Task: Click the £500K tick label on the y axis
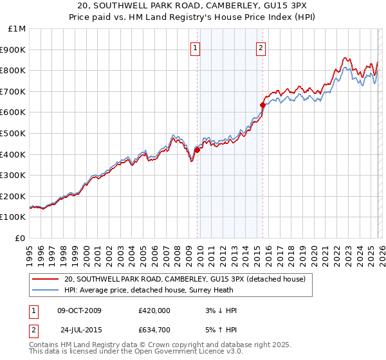[x=14, y=133]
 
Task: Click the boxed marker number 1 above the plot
[x=194, y=47]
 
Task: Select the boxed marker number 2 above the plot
[x=261, y=47]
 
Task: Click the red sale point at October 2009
[x=198, y=150]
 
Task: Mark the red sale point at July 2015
[x=263, y=105]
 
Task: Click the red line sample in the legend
[x=45, y=279]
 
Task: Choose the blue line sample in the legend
[x=45, y=290]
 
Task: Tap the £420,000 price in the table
[x=154, y=310]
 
